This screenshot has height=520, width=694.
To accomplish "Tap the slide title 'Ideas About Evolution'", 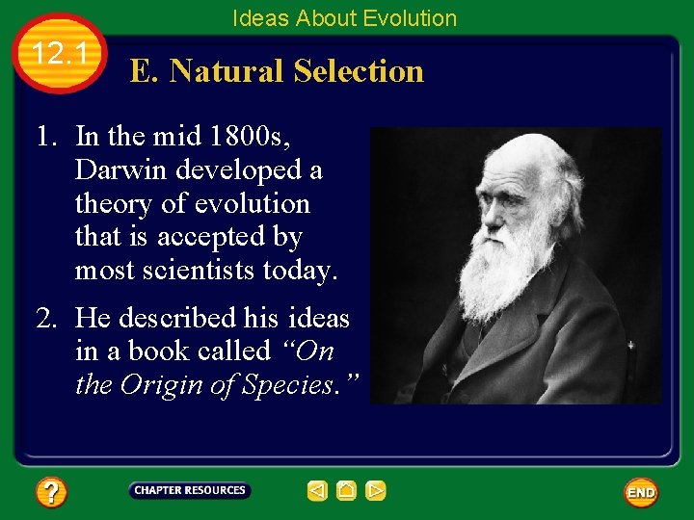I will click(344, 18).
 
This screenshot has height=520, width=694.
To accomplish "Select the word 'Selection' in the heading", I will click(359, 71).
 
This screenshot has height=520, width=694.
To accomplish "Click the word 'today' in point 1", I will click(299, 271).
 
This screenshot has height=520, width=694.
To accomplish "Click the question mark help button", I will click(50, 493).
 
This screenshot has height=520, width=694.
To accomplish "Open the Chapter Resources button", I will click(190, 491).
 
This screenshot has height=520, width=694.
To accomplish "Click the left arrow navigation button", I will click(317, 491).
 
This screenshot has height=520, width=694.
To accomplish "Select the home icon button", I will click(347, 491).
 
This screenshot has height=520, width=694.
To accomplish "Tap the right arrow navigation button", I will click(376, 491).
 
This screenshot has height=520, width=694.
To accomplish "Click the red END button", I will click(641, 493).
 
